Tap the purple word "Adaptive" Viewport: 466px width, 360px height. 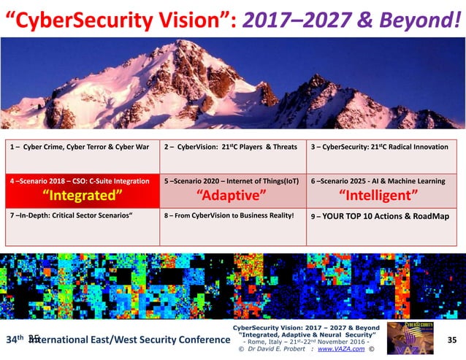pyautogui.click(x=232, y=195)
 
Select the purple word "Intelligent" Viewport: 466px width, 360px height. pyautogui.click(x=379, y=195)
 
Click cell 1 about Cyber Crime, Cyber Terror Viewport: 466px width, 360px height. pyautogui.click(x=81, y=147)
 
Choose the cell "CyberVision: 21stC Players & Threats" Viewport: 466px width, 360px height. pyautogui.click(x=231, y=147)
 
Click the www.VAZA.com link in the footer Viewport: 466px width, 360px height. pyautogui.click(x=339, y=349)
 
